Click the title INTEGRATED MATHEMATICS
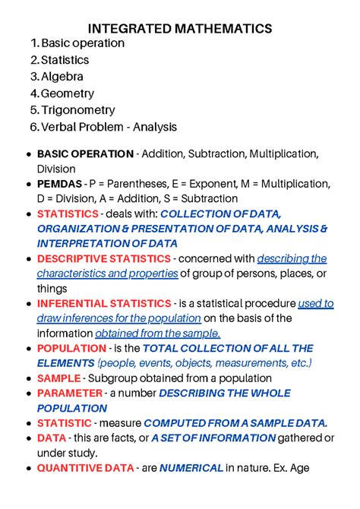(x=180, y=28)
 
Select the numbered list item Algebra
(x=62, y=77)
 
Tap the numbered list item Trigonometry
(x=78, y=110)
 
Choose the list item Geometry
(x=68, y=93)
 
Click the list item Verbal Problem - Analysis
(x=109, y=127)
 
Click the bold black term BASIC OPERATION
(x=84, y=154)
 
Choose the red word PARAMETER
(x=69, y=393)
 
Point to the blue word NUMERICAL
(x=191, y=467)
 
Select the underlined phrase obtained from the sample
(x=157, y=333)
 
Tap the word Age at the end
(x=298, y=467)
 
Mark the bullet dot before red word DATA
(x=29, y=438)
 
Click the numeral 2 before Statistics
(x=33, y=60)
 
